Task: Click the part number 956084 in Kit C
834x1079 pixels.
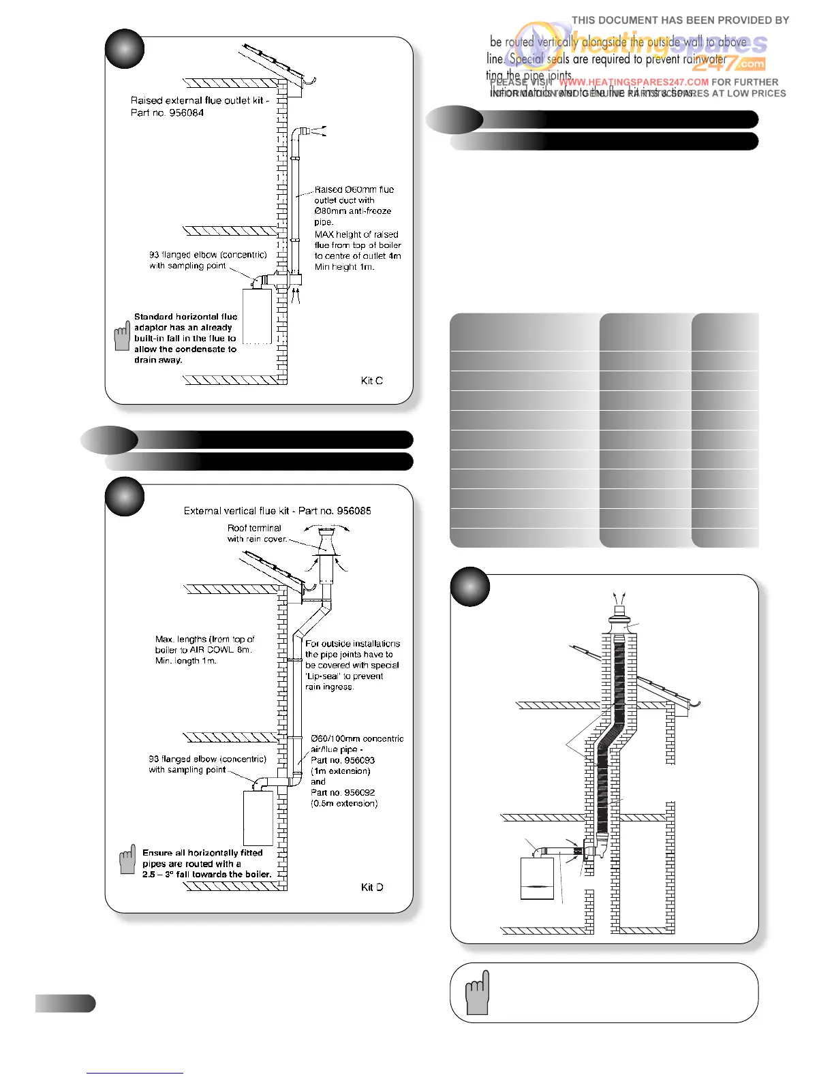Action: click(185, 113)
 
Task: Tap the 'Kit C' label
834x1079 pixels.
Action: click(371, 381)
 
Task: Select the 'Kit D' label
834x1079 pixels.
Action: click(371, 887)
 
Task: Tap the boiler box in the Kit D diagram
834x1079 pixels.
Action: click(258, 817)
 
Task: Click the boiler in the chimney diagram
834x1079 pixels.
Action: click(537, 879)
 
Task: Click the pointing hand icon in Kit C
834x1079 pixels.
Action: click(122, 336)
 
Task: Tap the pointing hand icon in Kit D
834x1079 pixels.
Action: click(127, 860)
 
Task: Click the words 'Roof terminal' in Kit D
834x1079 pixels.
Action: click(254, 528)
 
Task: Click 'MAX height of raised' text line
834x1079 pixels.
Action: click(356, 234)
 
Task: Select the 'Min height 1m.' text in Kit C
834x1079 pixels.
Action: click(344, 267)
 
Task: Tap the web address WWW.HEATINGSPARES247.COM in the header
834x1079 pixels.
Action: click(634, 82)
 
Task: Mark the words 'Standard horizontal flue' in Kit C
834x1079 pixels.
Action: click(185, 317)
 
